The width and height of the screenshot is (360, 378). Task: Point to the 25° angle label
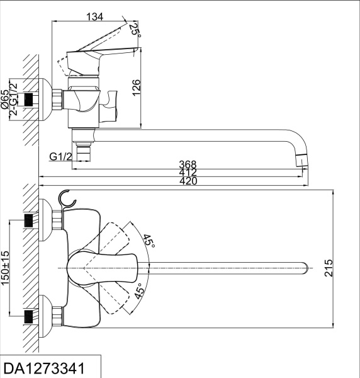pos(133,30)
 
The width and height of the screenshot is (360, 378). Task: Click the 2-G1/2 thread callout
pos(14,99)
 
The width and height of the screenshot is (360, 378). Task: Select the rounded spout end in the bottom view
pos(307,268)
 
